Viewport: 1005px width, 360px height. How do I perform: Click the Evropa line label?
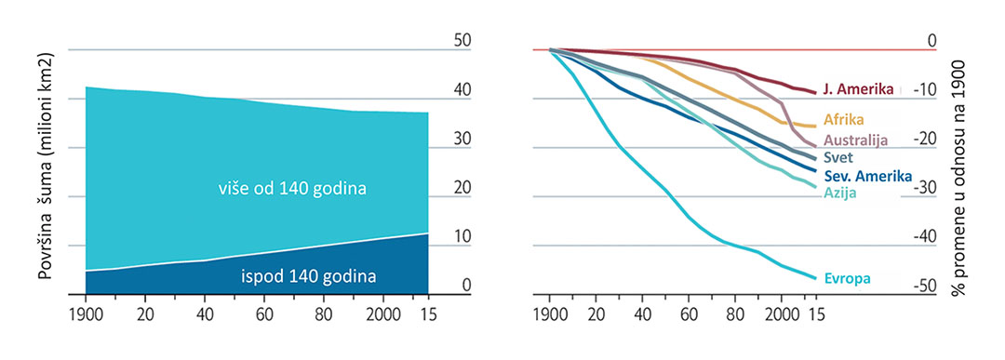point(847,277)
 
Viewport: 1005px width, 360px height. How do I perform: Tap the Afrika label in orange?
point(844,119)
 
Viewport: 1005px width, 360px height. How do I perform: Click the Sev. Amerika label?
point(867,177)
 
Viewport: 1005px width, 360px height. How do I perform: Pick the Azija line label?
point(838,193)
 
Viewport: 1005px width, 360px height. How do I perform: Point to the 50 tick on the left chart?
point(462,41)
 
